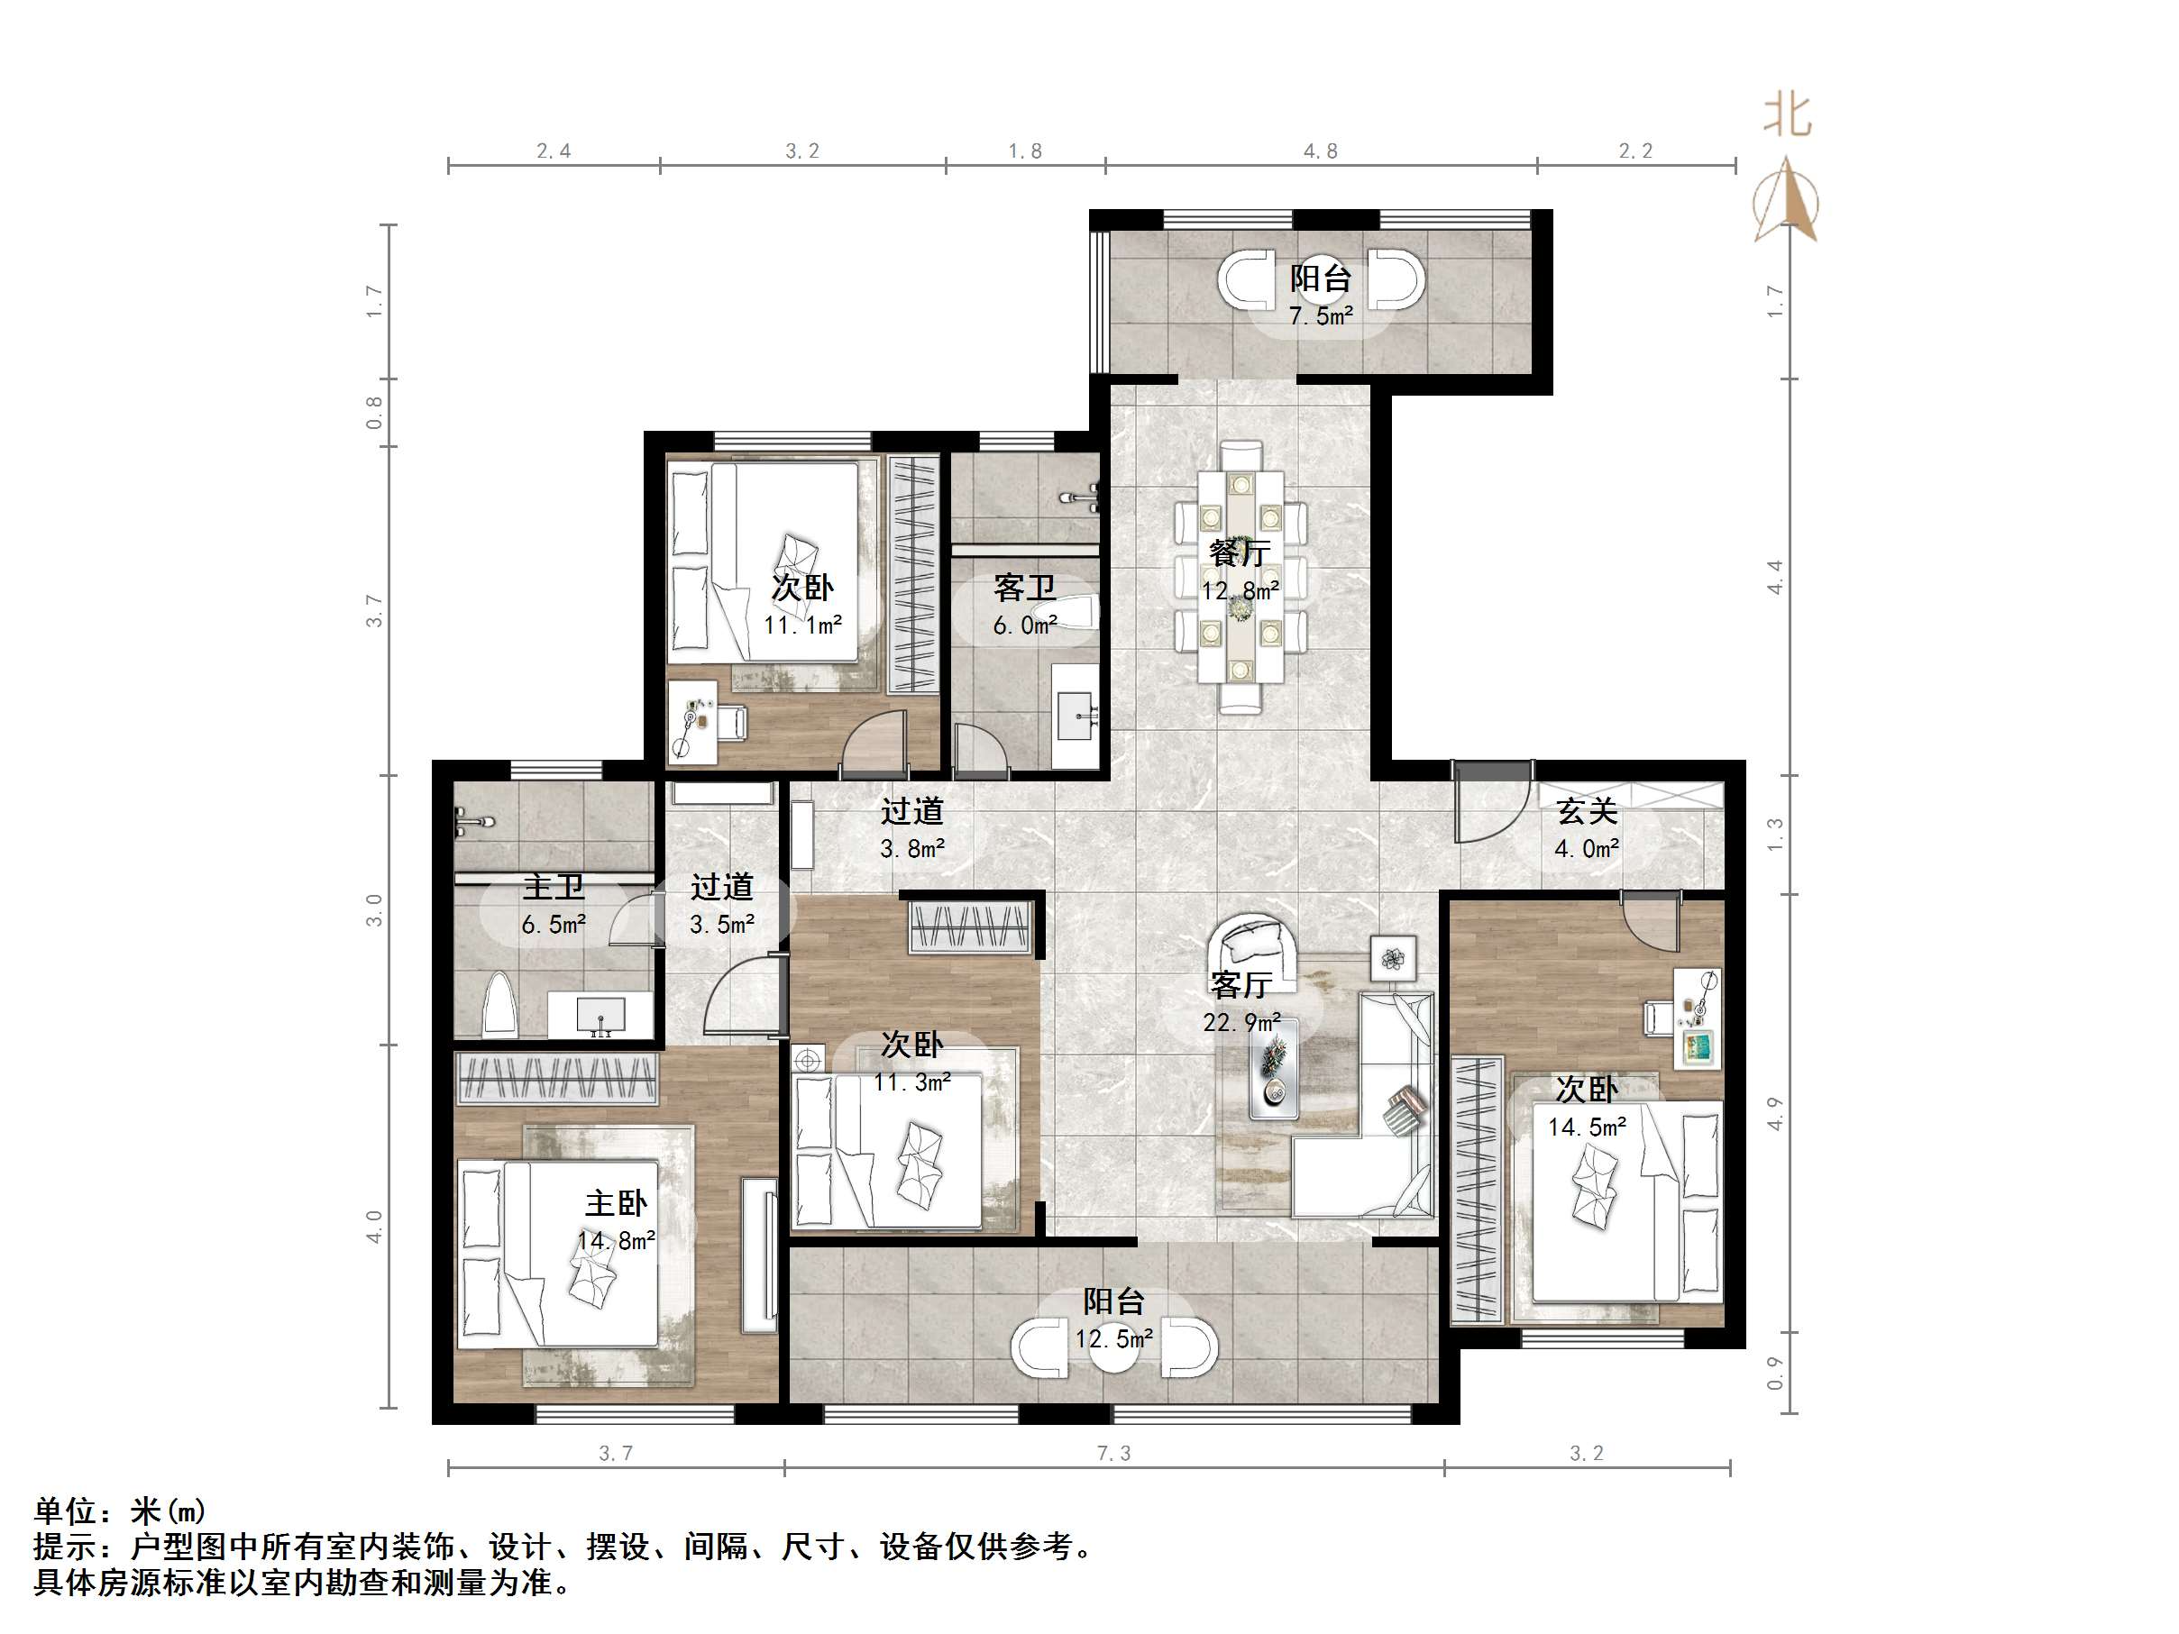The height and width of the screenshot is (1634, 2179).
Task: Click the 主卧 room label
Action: pyautogui.click(x=616, y=1202)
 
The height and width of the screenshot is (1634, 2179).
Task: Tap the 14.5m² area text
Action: pyautogui.click(x=1587, y=1127)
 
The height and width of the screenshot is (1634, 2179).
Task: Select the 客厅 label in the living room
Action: pyautogui.click(x=1241, y=984)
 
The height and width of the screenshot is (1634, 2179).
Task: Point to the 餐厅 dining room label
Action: pyautogui.click(x=1240, y=552)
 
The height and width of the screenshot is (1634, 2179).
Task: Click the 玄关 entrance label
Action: pyautogui.click(x=1587, y=811)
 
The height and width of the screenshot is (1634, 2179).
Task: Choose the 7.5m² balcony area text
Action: pyautogui.click(x=1321, y=316)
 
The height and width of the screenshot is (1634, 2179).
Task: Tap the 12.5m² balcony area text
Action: pyautogui.click(x=1114, y=1339)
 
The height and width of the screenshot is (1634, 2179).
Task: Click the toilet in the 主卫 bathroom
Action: pyautogui.click(x=500, y=1004)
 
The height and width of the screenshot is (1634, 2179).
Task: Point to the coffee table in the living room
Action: pyautogui.click(x=1274, y=1068)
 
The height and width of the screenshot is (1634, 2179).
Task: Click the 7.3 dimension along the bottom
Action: pyautogui.click(x=1114, y=1453)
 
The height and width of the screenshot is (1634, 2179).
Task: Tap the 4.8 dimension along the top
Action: pyautogui.click(x=1321, y=151)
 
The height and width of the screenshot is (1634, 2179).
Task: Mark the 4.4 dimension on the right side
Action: pyautogui.click(x=1774, y=576)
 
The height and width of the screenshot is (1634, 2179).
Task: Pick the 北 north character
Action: pyautogui.click(x=1787, y=115)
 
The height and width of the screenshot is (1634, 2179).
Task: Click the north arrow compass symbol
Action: pyautogui.click(x=1786, y=200)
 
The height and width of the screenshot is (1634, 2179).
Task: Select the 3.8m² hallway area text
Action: pyautogui.click(x=912, y=848)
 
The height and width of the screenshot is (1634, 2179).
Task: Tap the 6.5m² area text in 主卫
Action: pyautogui.click(x=554, y=924)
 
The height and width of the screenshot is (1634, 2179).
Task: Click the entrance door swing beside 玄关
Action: pyautogui.click(x=1491, y=802)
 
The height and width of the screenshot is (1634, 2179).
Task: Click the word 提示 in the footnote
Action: pyautogui.click(x=65, y=1547)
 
